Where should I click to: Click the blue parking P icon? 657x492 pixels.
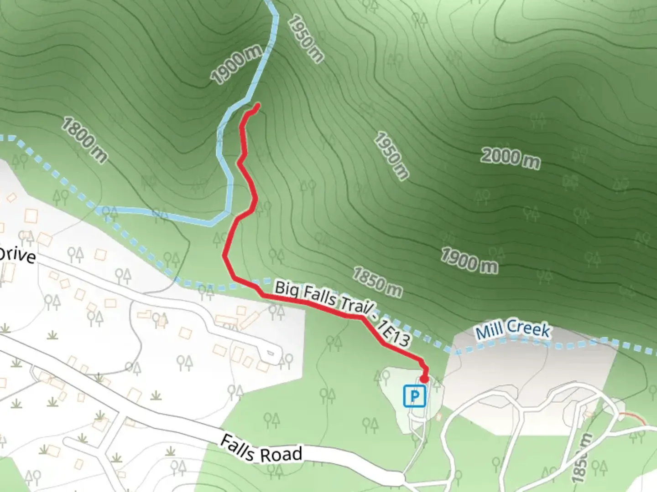coord(414,395)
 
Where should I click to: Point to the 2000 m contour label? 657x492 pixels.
coord(510,159)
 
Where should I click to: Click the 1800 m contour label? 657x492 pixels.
coord(84,139)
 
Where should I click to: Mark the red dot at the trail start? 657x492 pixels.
coord(424,379)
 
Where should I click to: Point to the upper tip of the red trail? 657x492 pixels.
coord(258,106)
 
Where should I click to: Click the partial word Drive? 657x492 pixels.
coord(17,255)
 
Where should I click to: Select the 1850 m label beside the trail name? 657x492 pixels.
coord(377,282)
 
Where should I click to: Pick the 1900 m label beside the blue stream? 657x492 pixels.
coord(236,65)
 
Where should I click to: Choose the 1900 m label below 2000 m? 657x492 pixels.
coord(469,261)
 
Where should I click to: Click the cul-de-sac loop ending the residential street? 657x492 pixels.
coord(271,352)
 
